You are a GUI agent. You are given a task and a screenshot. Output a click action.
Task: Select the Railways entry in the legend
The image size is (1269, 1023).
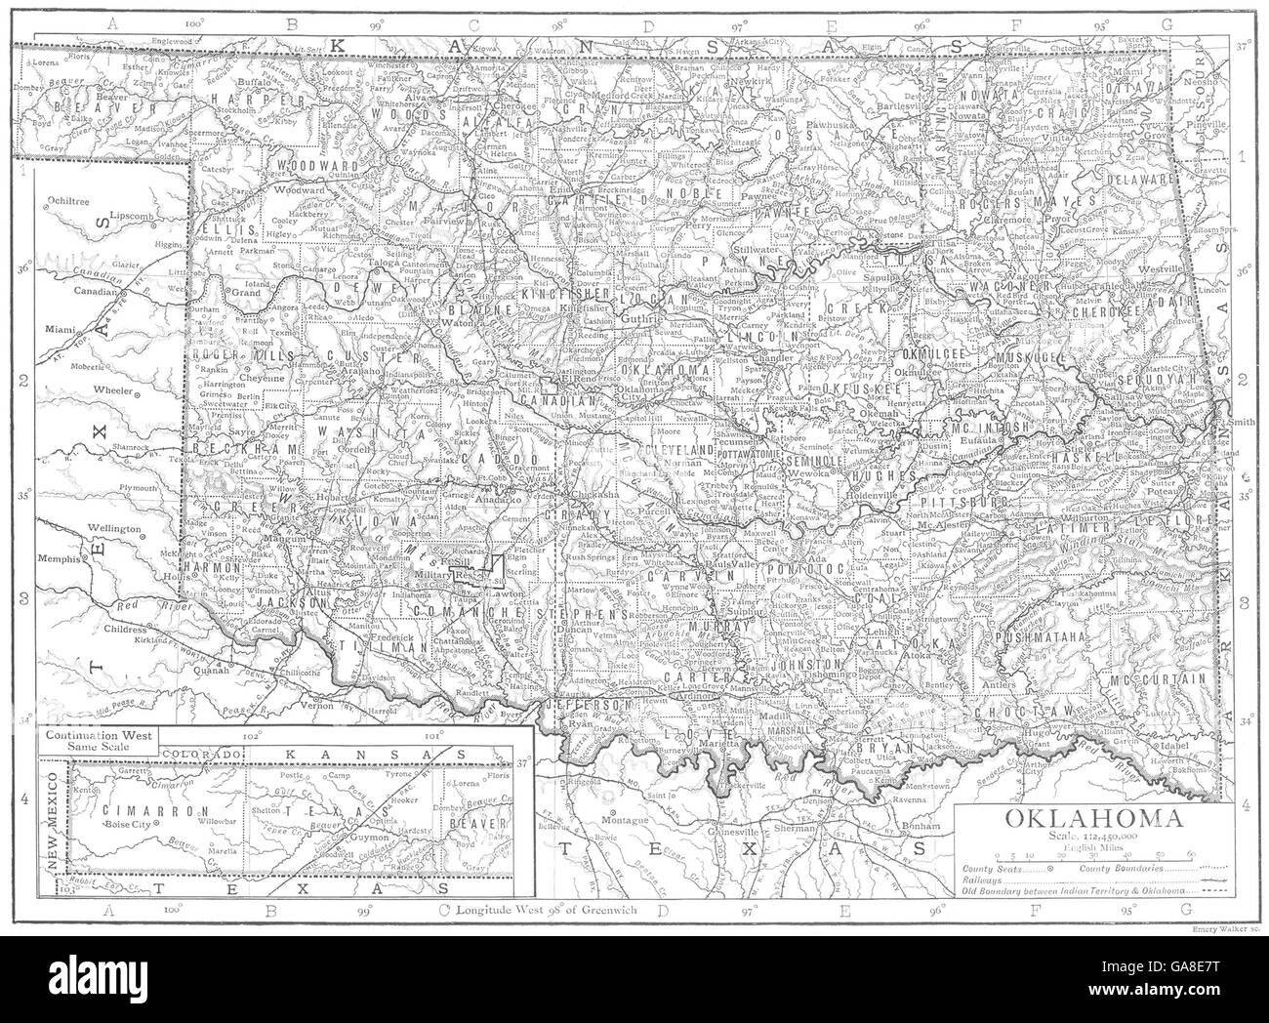pyautogui.click(x=976, y=879)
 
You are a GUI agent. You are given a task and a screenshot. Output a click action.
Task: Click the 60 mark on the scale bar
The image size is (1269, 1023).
pyautogui.click(x=1188, y=853)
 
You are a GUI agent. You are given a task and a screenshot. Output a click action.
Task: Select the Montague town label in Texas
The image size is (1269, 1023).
pyautogui.click(x=620, y=822)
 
